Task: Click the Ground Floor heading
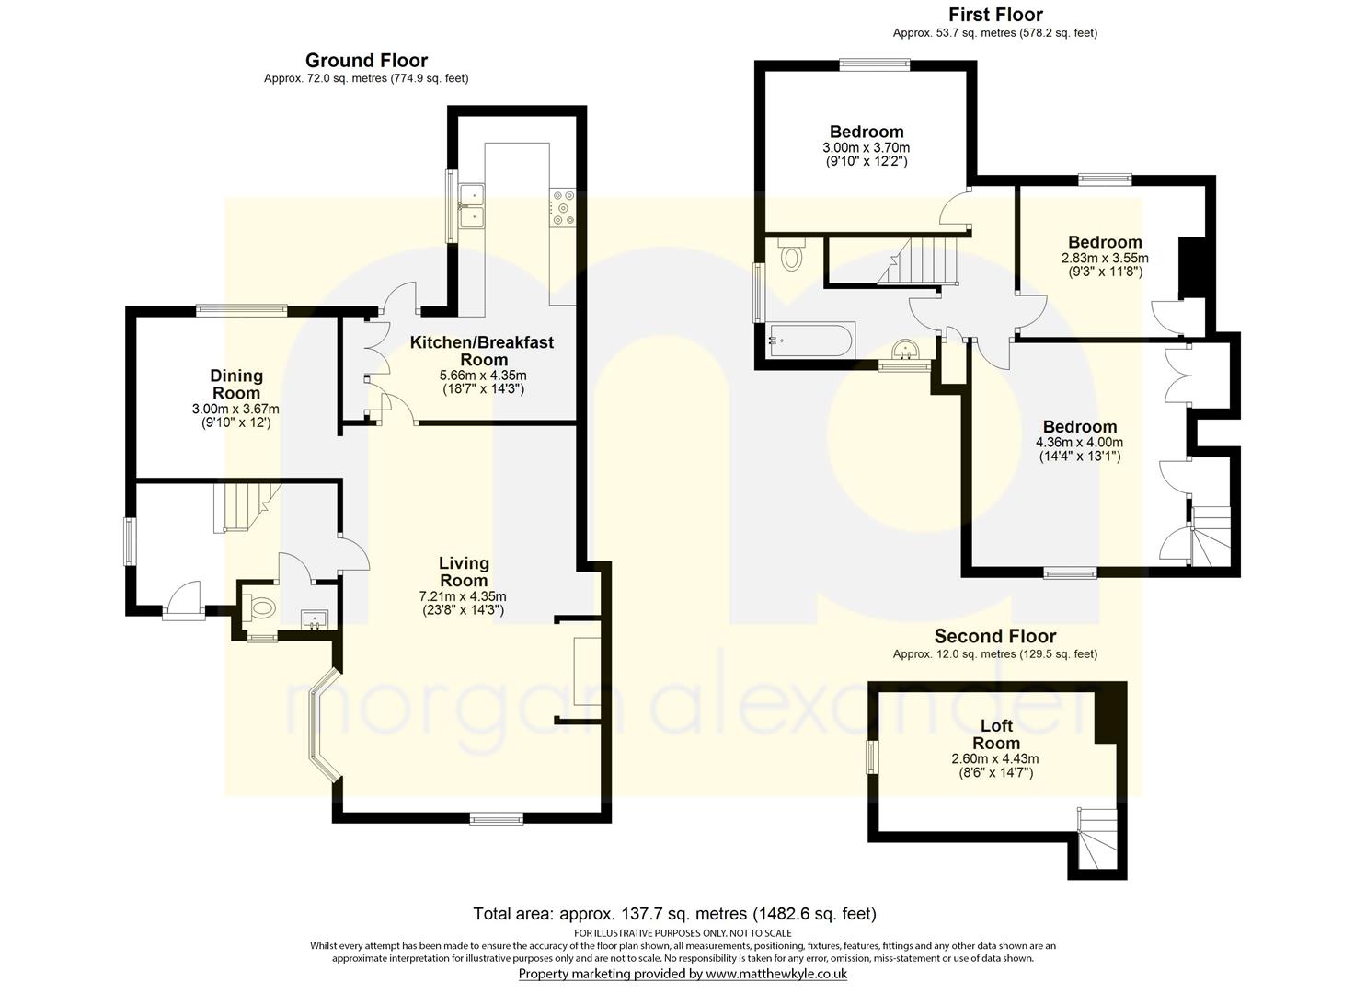pos(366,61)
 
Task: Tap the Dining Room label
pos(236,385)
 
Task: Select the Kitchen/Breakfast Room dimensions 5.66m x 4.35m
pos(484,376)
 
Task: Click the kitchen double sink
pos(472,205)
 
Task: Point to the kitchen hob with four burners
pos(562,208)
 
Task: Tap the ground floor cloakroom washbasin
pos(316,619)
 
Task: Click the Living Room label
pos(465,572)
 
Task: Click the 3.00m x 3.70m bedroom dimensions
pos(866,147)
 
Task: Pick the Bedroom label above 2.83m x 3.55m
pos(1105,242)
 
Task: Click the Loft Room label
pos(996,734)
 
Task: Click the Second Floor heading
pos(995,636)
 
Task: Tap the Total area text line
pos(674,913)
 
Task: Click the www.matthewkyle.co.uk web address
pos(776,974)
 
